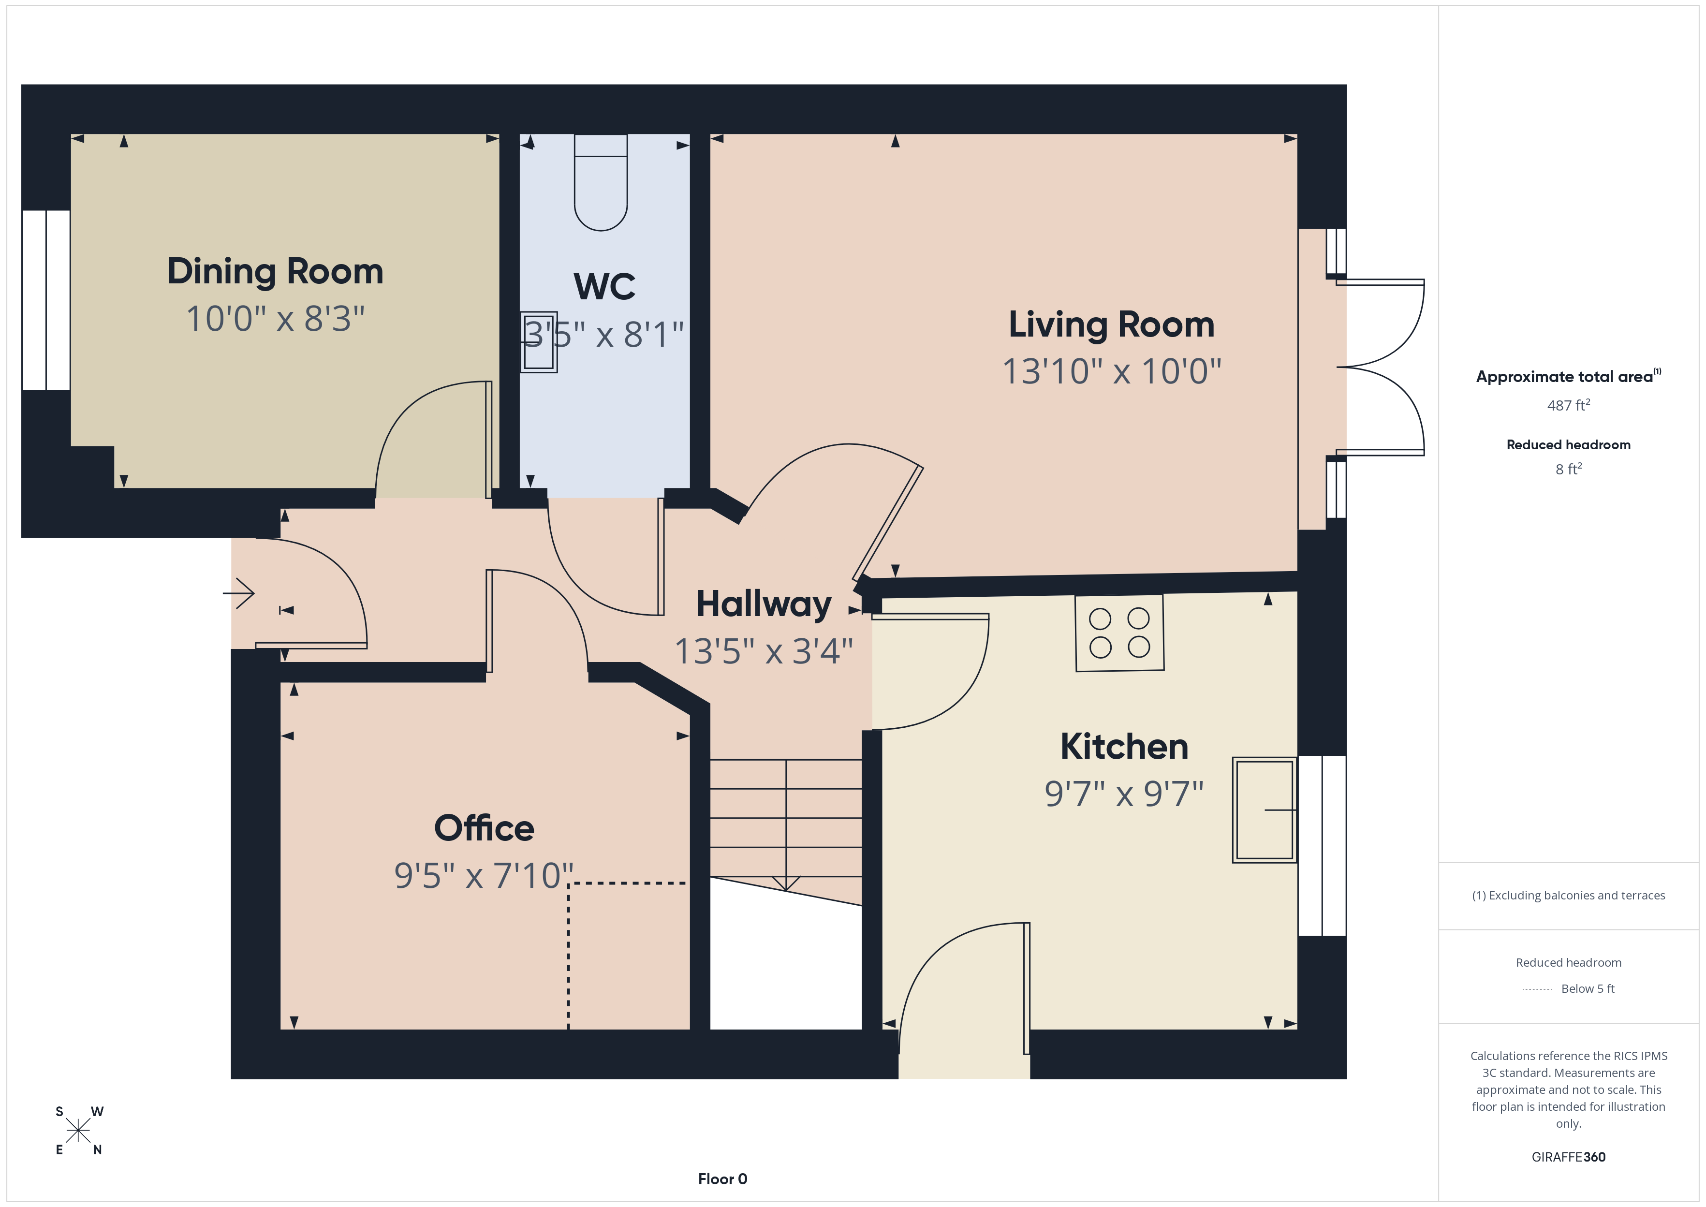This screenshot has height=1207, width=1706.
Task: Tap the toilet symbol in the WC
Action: pos(601,186)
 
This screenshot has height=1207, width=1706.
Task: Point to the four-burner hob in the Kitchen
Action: pos(1119,633)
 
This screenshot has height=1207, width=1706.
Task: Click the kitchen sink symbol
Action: pos(1264,810)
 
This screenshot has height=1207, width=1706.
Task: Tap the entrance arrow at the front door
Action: pos(239,593)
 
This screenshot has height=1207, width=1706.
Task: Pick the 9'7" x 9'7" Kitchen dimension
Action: pos(1123,794)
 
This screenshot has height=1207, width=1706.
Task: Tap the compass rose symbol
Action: pos(78,1131)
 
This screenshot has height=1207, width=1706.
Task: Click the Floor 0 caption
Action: pos(722,1179)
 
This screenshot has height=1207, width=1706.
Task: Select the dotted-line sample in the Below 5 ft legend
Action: pos(1537,989)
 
